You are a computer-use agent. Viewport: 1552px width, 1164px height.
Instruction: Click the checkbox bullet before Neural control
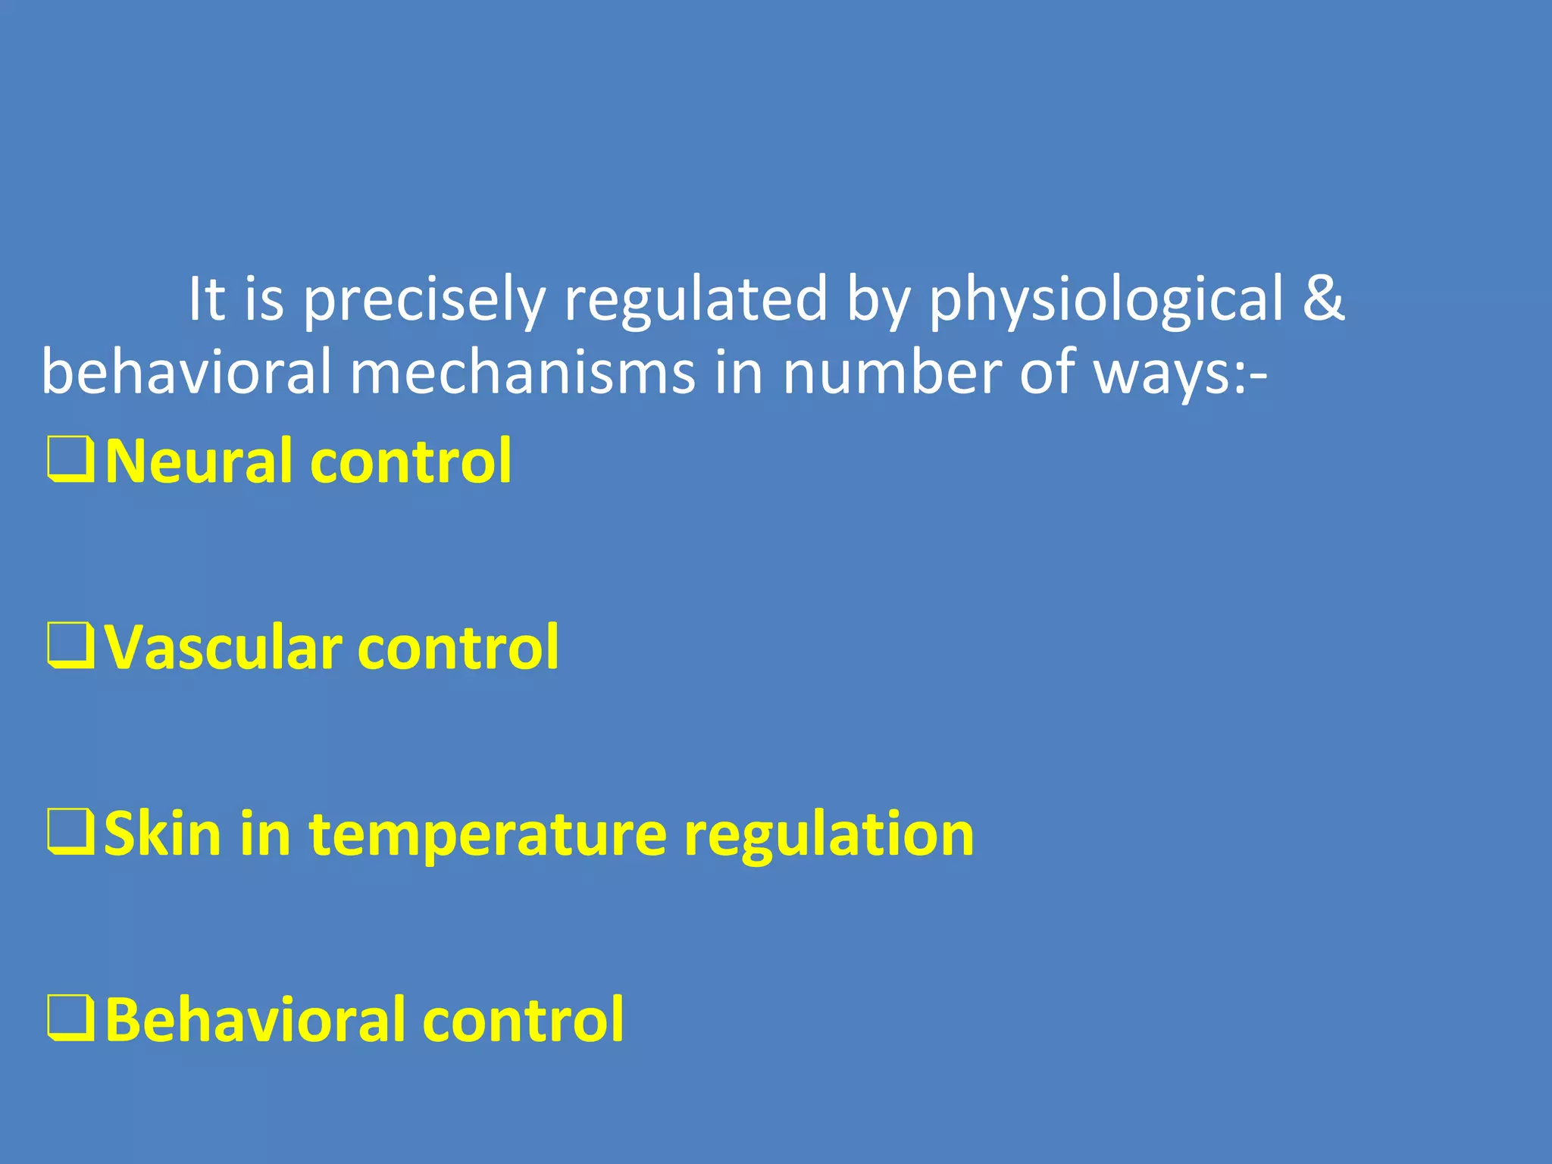(70, 459)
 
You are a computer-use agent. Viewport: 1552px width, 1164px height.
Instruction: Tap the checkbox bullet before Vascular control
(70, 646)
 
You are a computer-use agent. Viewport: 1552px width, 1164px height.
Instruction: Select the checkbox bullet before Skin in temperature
(70, 831)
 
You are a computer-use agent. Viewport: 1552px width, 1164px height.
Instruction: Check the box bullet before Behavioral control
(70, 1018)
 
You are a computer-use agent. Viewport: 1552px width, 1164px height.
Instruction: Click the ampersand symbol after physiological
(1323, 298)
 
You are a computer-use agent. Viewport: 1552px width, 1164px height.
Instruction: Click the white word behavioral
(186, 372)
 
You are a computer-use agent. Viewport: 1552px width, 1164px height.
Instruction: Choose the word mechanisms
(522, 372)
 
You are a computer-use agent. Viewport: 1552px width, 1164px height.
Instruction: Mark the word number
(891, 372)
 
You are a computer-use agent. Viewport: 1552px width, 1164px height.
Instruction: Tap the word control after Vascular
(458, 647)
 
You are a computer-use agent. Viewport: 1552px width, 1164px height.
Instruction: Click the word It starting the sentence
(206, 298)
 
